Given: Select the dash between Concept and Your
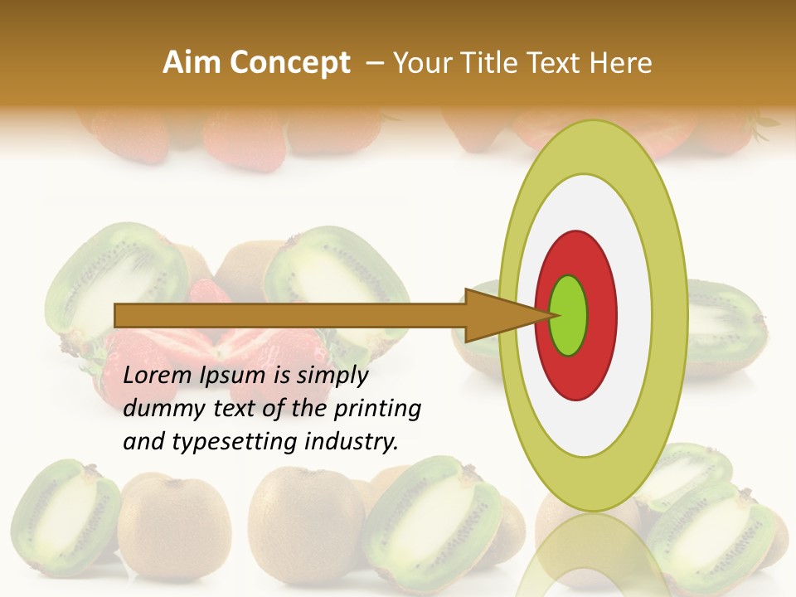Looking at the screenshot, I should pos(374,63).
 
